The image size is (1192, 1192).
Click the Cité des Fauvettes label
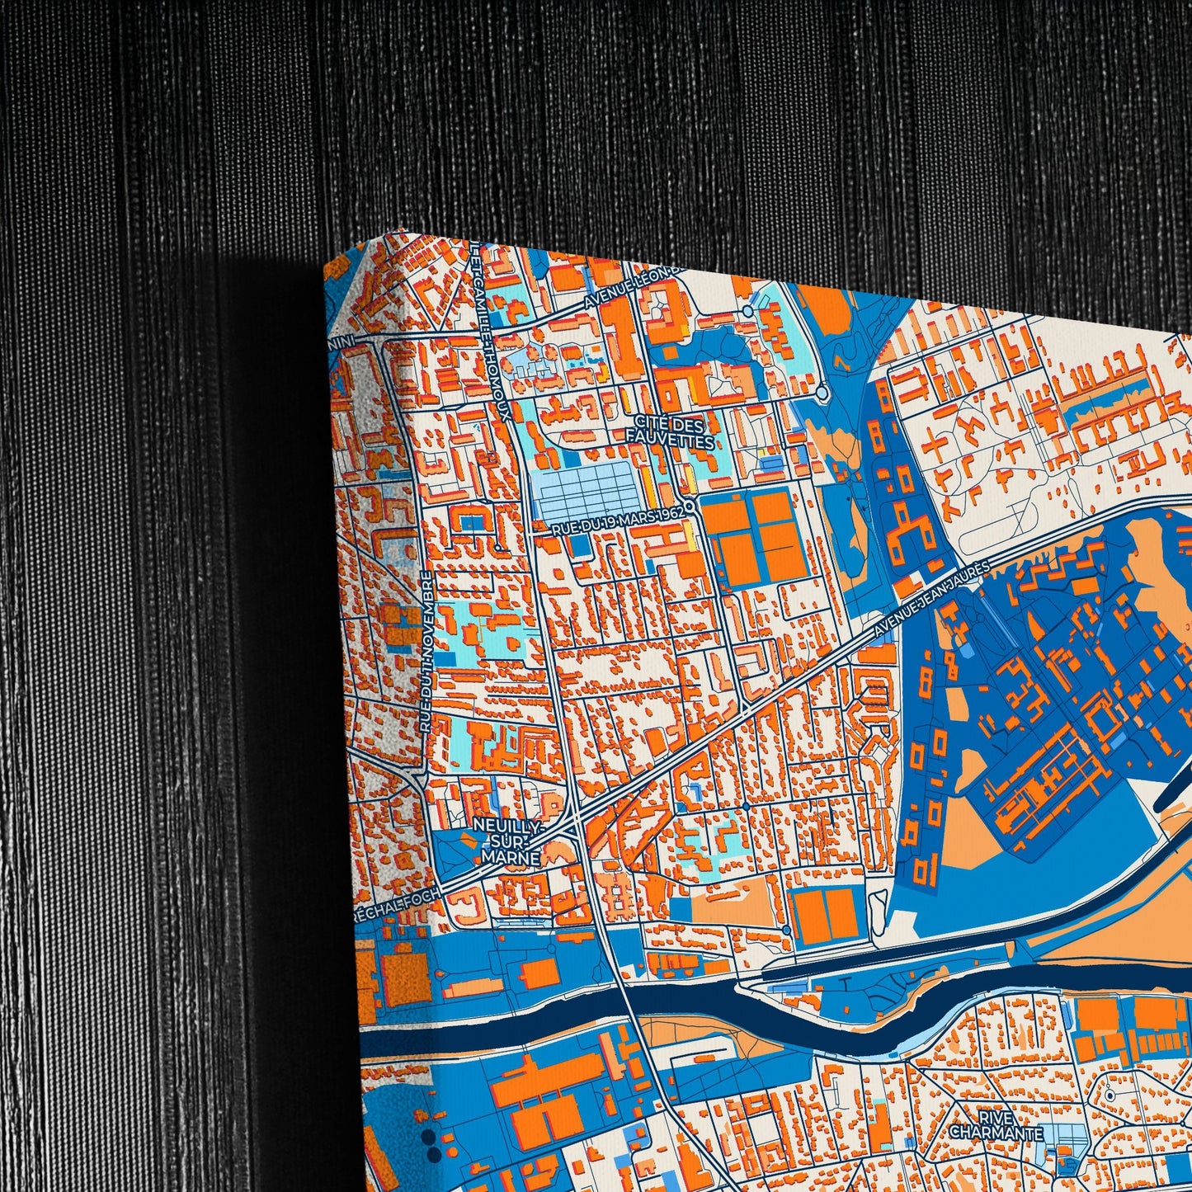[669, 434]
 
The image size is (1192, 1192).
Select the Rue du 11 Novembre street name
[426, 652]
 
